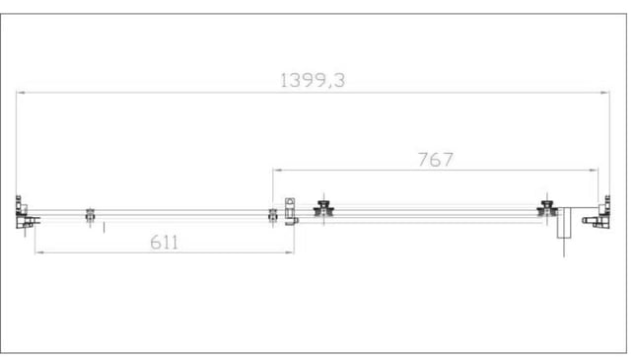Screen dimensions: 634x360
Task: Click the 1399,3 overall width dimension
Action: tap(313, 80)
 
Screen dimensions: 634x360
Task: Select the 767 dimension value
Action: tap(436, 160)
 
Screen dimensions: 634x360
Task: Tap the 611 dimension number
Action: tap(164, 243)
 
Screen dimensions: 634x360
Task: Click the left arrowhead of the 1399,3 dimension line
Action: tap(21, 93)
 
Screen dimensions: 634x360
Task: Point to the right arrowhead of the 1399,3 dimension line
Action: tap(605, 93)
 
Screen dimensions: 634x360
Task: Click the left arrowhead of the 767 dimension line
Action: tap(277, 171)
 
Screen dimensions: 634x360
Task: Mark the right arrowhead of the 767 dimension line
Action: tap(594, 171)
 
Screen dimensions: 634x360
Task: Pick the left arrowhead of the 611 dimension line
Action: tap(39, 252)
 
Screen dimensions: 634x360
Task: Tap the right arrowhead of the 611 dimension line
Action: tap(290, 252)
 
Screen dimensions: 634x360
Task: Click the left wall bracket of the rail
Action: tap(25, 213)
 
